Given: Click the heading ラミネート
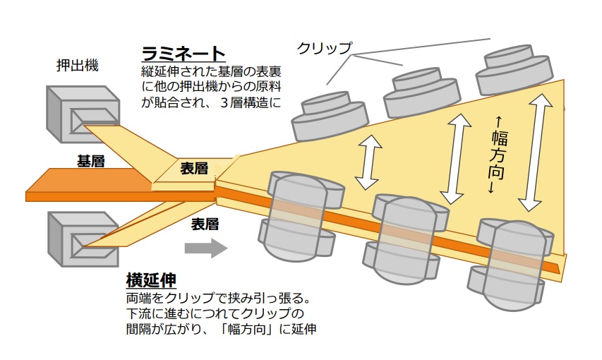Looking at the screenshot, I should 183,54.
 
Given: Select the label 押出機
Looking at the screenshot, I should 77,66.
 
